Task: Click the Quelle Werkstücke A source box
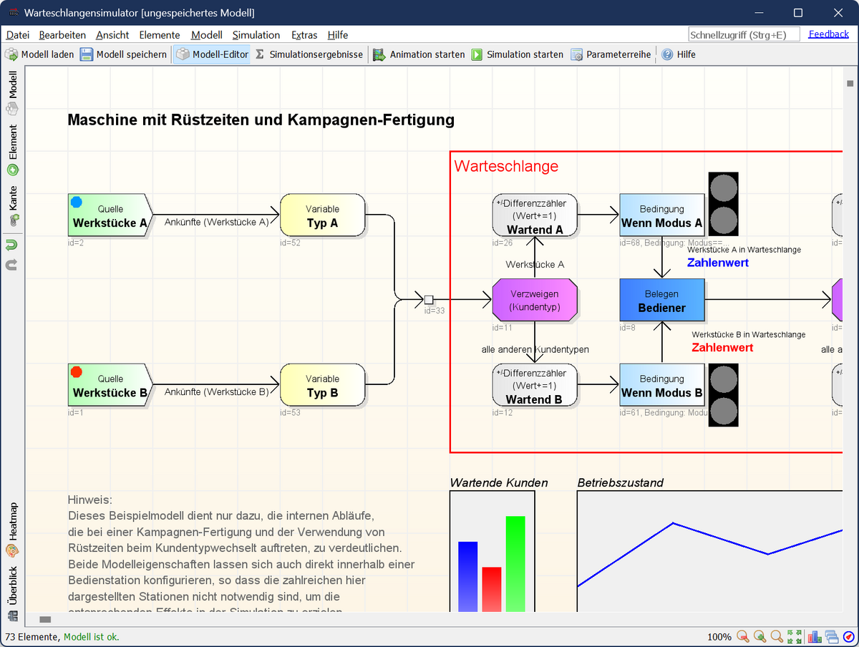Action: [110, 215]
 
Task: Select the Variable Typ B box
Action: [322, 385]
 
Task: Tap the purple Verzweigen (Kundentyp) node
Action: [535, 300]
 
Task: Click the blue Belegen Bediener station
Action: [661, 300]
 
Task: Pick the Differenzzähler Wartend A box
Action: [535, 215]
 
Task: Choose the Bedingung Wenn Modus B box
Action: [661, 385]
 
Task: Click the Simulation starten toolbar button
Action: [517, 54]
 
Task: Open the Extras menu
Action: [304, 34]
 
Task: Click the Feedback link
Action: [828, 34]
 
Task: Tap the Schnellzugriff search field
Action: [743, 34]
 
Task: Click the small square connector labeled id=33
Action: [429, 300]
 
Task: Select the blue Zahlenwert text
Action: [717, 263]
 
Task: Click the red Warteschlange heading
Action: [506, 166]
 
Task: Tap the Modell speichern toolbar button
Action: [123, 54]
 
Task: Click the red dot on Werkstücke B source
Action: [77, 372]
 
